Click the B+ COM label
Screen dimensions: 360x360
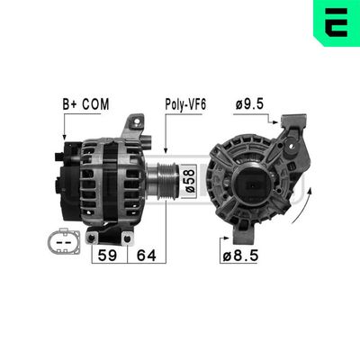click(85, 104)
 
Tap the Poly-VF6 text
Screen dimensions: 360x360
click(184, 104)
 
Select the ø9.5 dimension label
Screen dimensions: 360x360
click(247, 104)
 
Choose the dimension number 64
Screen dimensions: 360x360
click(146, 255)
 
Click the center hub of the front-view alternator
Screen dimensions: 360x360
click(249, 184)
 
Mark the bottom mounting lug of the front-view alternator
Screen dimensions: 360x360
click(243, 235)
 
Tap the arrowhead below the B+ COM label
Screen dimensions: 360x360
click(65, 138)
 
